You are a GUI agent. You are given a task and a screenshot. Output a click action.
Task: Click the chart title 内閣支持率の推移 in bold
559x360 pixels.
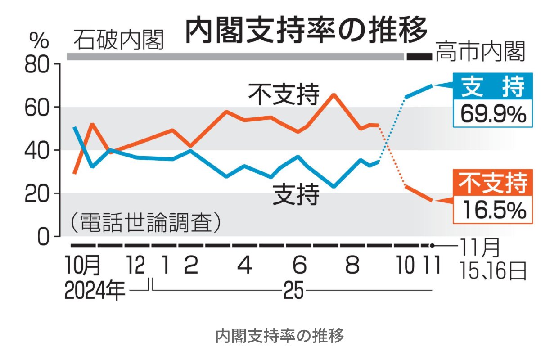(x=306, y=30)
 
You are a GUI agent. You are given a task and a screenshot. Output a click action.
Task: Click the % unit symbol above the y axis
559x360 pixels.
(x=39, y=41)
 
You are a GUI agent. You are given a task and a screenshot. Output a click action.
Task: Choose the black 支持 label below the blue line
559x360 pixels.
(x=296, y=195)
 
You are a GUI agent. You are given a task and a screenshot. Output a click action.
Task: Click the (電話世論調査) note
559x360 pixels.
(x=146, y=222)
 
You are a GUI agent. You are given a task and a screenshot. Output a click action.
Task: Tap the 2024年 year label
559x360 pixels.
(x=95, y=292)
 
